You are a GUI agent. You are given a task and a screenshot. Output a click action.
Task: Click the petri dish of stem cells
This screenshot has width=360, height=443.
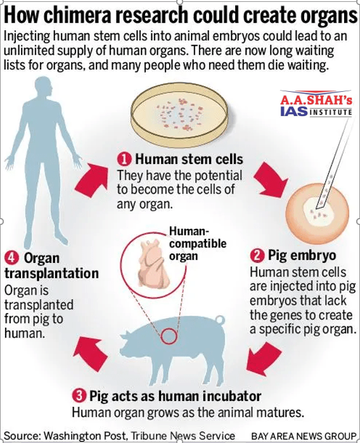180,115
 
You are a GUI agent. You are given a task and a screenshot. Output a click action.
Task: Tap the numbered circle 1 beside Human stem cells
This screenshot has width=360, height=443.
124,159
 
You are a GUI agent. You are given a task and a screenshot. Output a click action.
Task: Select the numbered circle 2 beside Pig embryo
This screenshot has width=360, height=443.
257,255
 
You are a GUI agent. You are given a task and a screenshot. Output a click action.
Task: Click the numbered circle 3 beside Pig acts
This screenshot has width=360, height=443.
79,395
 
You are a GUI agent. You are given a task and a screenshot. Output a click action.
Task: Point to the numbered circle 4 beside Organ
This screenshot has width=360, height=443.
11,258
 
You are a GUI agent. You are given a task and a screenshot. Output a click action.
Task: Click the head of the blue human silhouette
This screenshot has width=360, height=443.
43,87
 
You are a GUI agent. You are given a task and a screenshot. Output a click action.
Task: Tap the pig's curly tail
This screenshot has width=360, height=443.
220,319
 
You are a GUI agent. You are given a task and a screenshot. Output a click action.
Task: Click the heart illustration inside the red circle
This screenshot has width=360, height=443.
154,264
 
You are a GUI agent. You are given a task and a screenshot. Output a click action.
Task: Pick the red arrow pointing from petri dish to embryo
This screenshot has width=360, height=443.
270,180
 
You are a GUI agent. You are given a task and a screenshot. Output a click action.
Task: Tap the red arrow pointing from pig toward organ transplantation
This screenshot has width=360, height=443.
91,353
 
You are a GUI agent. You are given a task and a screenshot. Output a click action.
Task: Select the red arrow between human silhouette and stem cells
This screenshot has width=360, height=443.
92,180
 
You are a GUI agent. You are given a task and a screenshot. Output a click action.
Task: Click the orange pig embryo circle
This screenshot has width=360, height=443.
316,214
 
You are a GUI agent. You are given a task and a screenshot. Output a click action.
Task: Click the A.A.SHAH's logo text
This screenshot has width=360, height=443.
316,100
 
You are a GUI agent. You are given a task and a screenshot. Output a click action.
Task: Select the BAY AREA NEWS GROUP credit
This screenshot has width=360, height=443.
304,436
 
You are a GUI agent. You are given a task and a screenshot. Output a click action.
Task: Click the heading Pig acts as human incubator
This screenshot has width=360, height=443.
175,396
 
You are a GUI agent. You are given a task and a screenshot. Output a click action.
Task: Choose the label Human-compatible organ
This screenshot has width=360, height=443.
198,243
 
